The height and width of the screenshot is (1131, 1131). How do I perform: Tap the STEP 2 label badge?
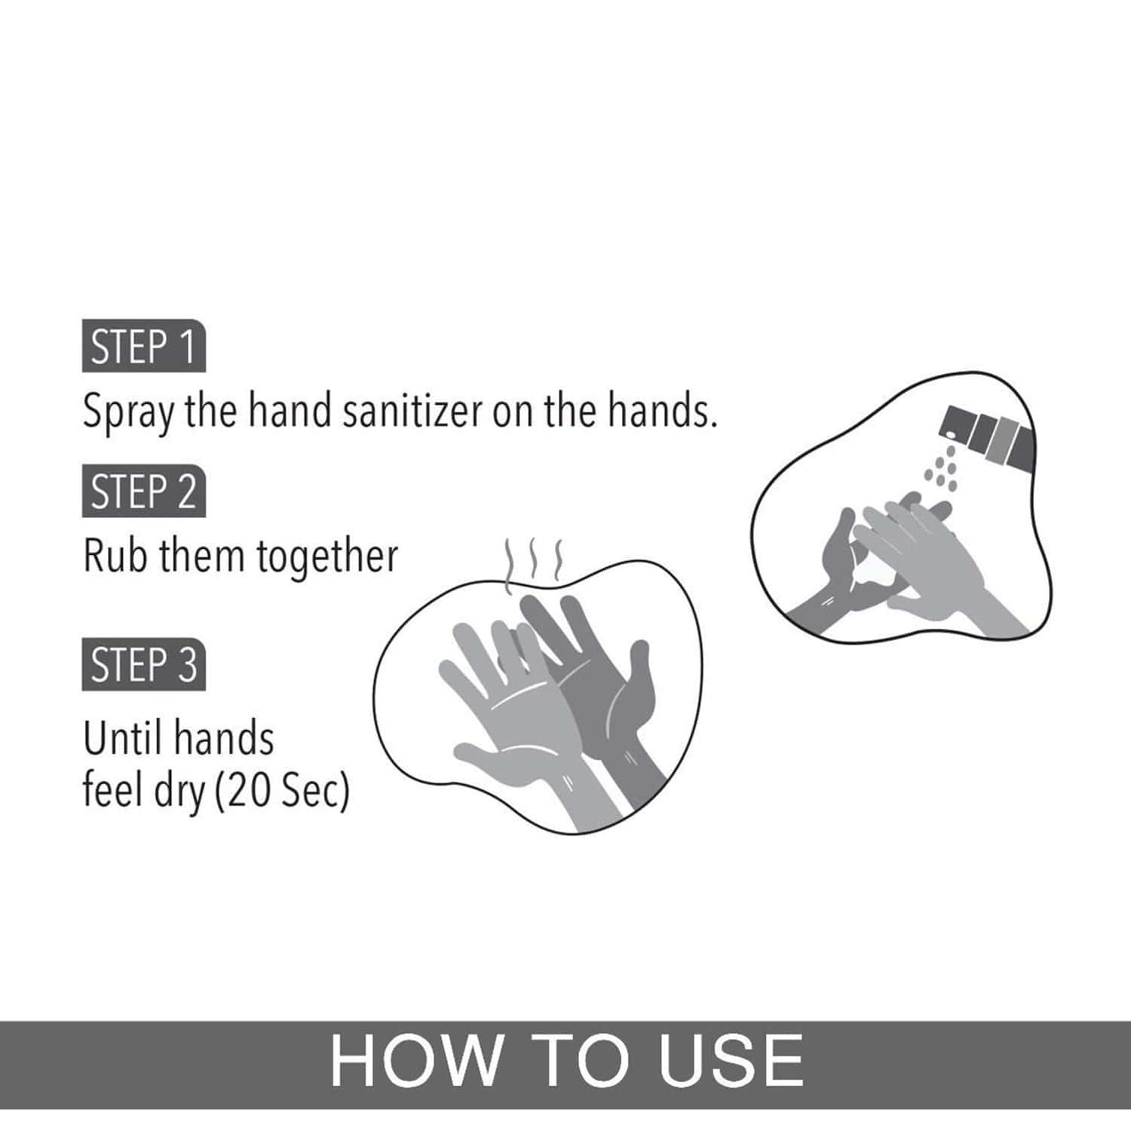pos(143,492)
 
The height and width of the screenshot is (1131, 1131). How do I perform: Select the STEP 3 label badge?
pos(143,666)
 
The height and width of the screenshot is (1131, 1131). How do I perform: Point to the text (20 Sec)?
pos(283,792)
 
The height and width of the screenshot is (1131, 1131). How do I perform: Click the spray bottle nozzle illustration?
pos(988,436)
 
